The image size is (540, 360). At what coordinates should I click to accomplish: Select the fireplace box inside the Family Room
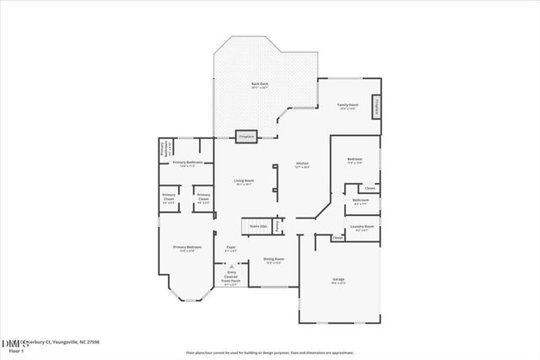[376, 106]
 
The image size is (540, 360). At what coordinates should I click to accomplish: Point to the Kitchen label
[302, 165]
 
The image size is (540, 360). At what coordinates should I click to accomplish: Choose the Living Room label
[244, 181]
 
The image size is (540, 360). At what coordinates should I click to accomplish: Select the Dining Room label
[273, 261]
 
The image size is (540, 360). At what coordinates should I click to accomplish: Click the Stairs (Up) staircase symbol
[256, 227]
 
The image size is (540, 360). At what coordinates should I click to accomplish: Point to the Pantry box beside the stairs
[278, 226]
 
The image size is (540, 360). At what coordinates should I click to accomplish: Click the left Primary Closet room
[169, 201]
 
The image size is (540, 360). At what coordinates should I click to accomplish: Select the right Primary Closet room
[202, 201]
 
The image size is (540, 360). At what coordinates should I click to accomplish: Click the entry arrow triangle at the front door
[229, 264]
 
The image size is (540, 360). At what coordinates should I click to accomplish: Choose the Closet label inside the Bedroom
[370, 187]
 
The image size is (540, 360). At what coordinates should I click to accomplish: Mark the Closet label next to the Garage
[337, 239]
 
